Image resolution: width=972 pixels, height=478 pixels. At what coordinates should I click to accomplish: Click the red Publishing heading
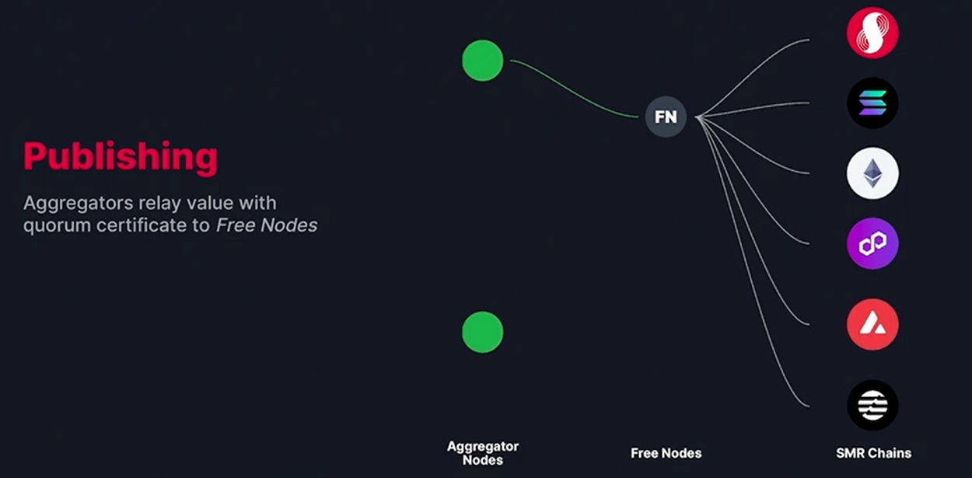tap(121, 156)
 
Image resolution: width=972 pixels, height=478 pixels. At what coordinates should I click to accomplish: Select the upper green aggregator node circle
tap(483, 61)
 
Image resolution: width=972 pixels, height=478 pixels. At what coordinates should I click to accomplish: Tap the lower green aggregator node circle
tap(483, 332)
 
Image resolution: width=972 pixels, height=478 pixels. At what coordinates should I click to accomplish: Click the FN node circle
tap(666, 117)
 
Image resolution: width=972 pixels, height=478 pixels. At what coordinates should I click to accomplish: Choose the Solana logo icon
tap(872, 103)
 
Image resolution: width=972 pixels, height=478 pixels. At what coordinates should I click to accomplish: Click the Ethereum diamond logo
tap(872, 173)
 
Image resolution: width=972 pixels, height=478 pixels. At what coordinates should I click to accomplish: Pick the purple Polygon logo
tap(872, 243)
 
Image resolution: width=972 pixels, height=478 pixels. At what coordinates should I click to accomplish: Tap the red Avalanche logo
tap(872, 324)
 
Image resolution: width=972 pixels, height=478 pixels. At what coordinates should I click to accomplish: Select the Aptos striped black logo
tap(872, 405)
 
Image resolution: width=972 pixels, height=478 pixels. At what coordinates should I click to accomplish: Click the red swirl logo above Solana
tap(872, 33)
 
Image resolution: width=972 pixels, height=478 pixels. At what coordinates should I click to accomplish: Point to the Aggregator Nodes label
tap(483, 452)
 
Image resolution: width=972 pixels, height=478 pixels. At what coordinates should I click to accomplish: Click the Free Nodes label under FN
tap(666, 453)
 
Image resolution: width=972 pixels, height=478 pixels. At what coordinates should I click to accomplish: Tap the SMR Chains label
tap(873, 453)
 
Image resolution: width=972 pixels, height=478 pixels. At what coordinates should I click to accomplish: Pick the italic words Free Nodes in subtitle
tap(267, 226)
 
